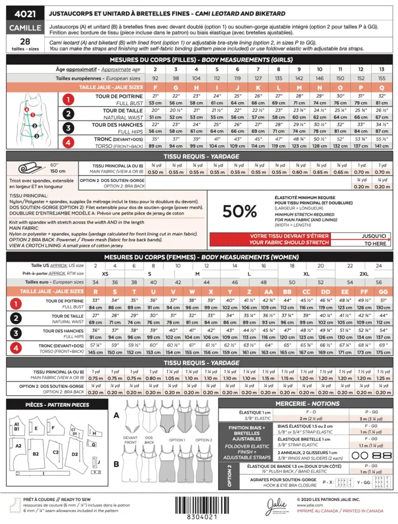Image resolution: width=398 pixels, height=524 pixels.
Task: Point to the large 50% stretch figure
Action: [240, 211]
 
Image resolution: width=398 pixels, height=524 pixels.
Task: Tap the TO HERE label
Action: [374, 243]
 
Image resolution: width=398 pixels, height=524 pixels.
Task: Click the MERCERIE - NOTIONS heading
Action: [307, 404]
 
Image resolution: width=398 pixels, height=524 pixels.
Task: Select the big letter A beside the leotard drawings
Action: [116, 415]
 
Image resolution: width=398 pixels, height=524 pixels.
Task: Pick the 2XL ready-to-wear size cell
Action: [364, 274]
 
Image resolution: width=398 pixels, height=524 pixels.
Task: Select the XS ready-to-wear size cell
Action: [104, 274]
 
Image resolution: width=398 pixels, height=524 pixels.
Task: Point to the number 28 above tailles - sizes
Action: [25, 41]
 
